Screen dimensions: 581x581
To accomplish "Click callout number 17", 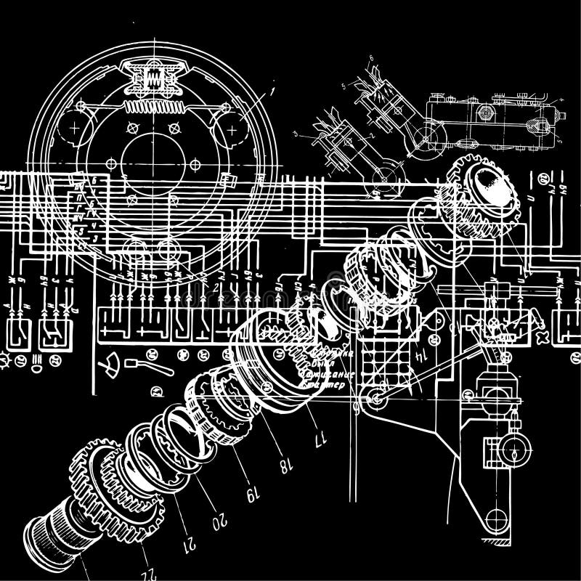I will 315,439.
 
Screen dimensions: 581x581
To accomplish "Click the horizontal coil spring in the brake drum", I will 153,107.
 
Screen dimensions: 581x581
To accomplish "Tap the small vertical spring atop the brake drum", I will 153,79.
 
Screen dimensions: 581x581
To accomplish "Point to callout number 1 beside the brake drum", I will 271,92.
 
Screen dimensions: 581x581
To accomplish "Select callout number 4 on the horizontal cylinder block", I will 561,99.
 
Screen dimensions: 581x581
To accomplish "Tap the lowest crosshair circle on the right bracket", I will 496,520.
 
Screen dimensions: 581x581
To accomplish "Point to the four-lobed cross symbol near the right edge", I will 542,338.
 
